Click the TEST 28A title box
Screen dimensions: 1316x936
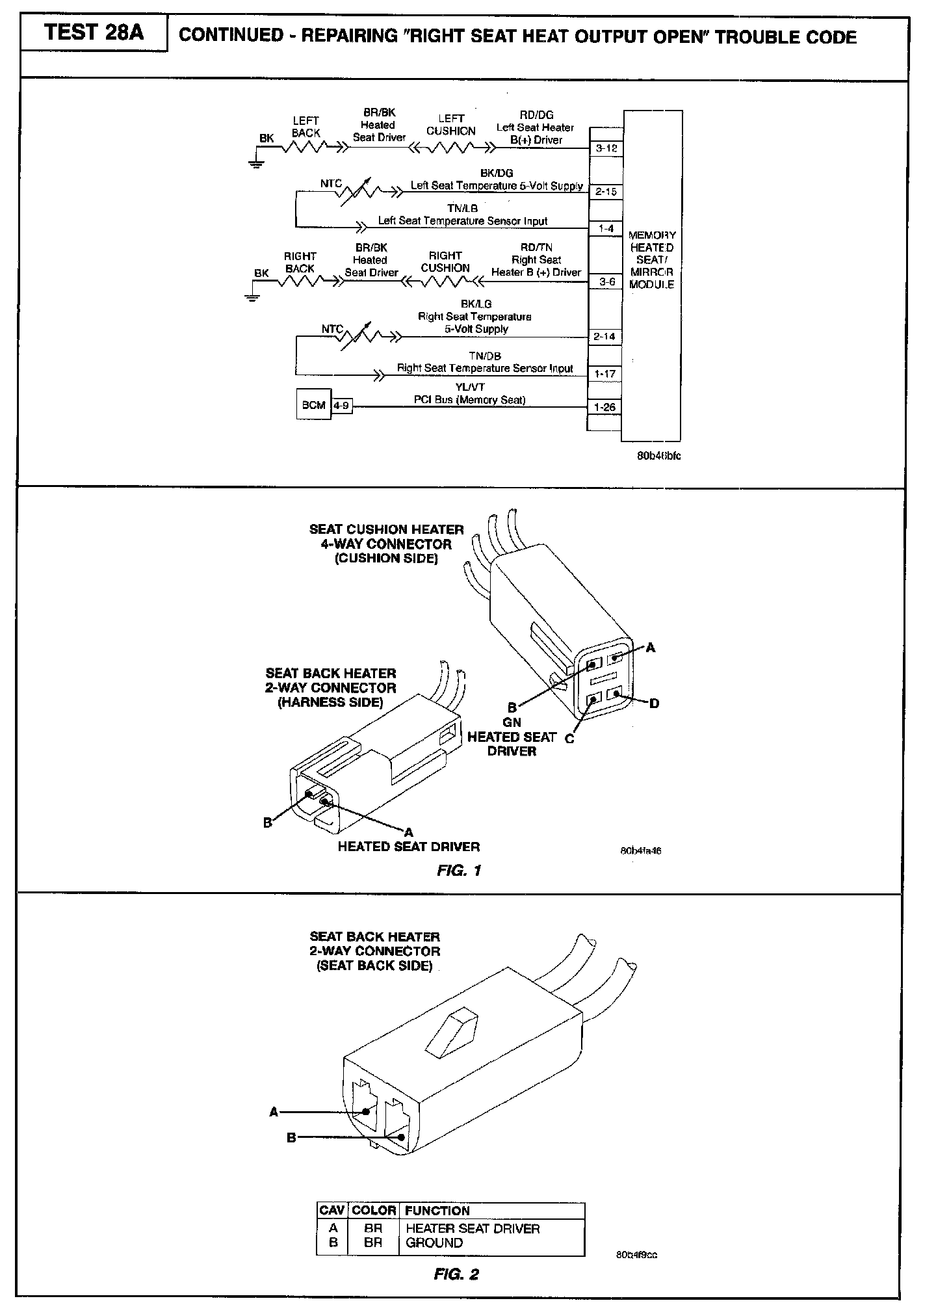pos(94,33)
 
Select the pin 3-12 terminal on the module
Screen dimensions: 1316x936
pos(606,148)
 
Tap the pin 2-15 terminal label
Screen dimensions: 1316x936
pos(606,192)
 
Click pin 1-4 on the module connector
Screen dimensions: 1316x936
pos(606,229)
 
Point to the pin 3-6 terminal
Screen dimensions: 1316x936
pos(606,282)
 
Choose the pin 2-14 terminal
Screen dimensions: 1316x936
pos(604,337)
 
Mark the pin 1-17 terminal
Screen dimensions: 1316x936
pos(604,374)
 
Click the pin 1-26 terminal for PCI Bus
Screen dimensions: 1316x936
pos(604,408)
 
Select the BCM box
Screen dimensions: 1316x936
pos(313,405)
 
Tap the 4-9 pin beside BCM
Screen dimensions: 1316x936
pos(342,405)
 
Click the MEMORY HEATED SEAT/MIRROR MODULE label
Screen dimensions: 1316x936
pos(652,259)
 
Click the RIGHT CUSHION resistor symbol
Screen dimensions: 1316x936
pos(445,282)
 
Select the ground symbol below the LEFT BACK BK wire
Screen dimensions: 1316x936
pos(253,163)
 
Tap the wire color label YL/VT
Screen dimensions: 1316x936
pos(470,387)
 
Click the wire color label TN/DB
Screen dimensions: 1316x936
pos(485,356)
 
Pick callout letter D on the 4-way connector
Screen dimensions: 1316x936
pos(654,704)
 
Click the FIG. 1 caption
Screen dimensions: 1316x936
pos(459,871)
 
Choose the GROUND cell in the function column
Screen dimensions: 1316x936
pos(434,1243)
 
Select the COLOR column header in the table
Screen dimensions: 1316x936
pos(374,1211)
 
